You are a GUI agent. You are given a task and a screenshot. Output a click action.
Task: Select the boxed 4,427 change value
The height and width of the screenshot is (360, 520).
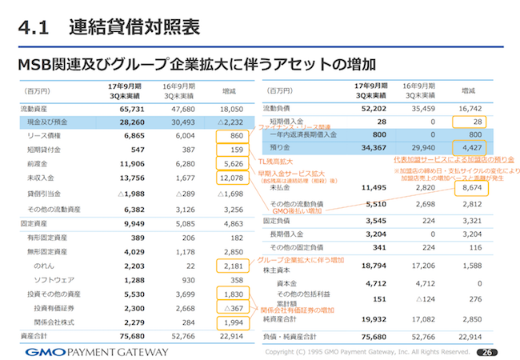[x=470, y=148]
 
